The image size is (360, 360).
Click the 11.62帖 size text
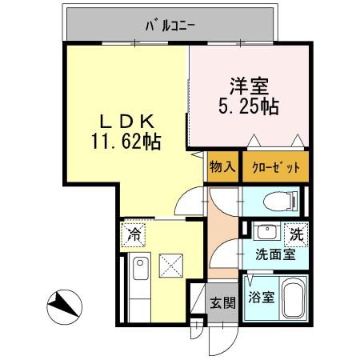(x=126, y=142)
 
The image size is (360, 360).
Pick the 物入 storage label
(x=222, y=167)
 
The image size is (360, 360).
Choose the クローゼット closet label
(x=274, y=167)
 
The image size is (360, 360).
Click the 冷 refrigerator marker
(x=134, y=236)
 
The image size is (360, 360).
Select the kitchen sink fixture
(x=141, y=273)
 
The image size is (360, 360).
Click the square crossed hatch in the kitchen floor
(x=170, y=265)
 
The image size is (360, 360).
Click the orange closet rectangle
(x=274, y=167)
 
